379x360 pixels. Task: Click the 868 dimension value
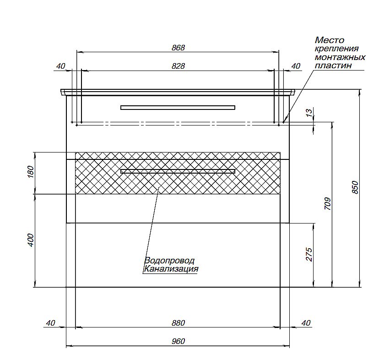click(x=178, y=48)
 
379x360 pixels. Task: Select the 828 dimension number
click(x=178, y=66)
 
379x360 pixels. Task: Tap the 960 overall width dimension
click(x=178, y=341)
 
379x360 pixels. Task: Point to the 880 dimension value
click(x=178, y=323)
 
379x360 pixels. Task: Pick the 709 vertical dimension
click(x=327, y=204)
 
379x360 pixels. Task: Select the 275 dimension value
click(x=309, y=255)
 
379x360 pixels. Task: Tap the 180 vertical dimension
click(x=31, y=172)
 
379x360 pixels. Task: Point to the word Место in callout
click(x=330, y=40)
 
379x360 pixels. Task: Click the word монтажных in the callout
click(x=340, y=57)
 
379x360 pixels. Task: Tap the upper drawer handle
click(x=178, y=108)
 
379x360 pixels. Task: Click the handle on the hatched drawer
click(x=178, y=171)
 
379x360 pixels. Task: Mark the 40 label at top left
click(x=60, y=66)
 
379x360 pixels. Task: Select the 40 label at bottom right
click(x=306, y=323)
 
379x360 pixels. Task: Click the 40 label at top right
click(x=296, y=66)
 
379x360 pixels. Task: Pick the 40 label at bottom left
click(x=50, y=323)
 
